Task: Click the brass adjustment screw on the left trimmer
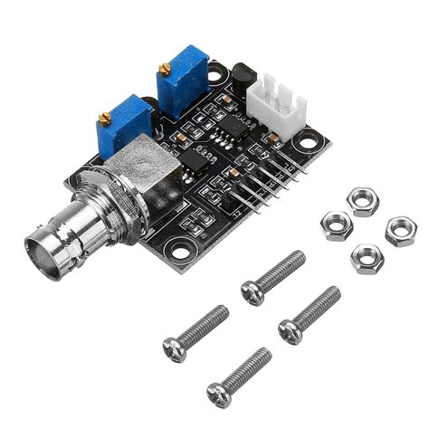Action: coord(106,118)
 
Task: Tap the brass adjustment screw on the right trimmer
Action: coord(164,70)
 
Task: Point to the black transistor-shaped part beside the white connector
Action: coord(243,81)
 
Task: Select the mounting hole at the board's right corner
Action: coord(310,140)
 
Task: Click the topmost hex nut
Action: coord(364,200)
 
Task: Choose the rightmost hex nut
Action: coord(399,231)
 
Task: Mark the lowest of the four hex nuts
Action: coord(367,258)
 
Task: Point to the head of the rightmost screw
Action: coord(290,330)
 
